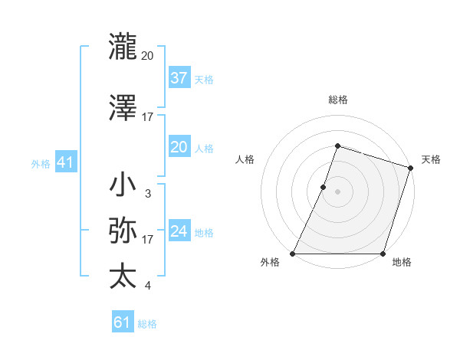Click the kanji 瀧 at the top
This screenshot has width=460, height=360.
pos(123,47)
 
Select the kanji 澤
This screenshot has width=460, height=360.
pos(123,109)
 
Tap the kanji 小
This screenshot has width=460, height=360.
pos(123,185)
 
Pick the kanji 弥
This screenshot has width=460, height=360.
pos(123,231)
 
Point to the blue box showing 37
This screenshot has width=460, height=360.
pos(179,78)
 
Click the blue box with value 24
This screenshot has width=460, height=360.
pos(179,231)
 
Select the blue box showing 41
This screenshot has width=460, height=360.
pos(66,162)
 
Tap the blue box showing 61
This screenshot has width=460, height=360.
pos(123,322)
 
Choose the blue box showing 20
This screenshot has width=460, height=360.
pos(179,147)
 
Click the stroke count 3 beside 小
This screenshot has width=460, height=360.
pos(147,194)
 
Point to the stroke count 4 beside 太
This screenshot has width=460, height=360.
pos(147,286)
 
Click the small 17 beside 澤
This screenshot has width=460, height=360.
pos(147,117)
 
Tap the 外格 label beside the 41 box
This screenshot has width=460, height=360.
pos(41,163)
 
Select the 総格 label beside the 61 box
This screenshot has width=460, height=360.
pos(147,324)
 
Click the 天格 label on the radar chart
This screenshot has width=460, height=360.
pos(431,159)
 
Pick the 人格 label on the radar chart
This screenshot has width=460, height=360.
pos(245,159)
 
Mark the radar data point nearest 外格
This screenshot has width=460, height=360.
pos(293,254)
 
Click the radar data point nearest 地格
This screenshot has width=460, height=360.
pos(383,254)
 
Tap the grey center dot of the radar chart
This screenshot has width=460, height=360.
pos(337,191)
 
